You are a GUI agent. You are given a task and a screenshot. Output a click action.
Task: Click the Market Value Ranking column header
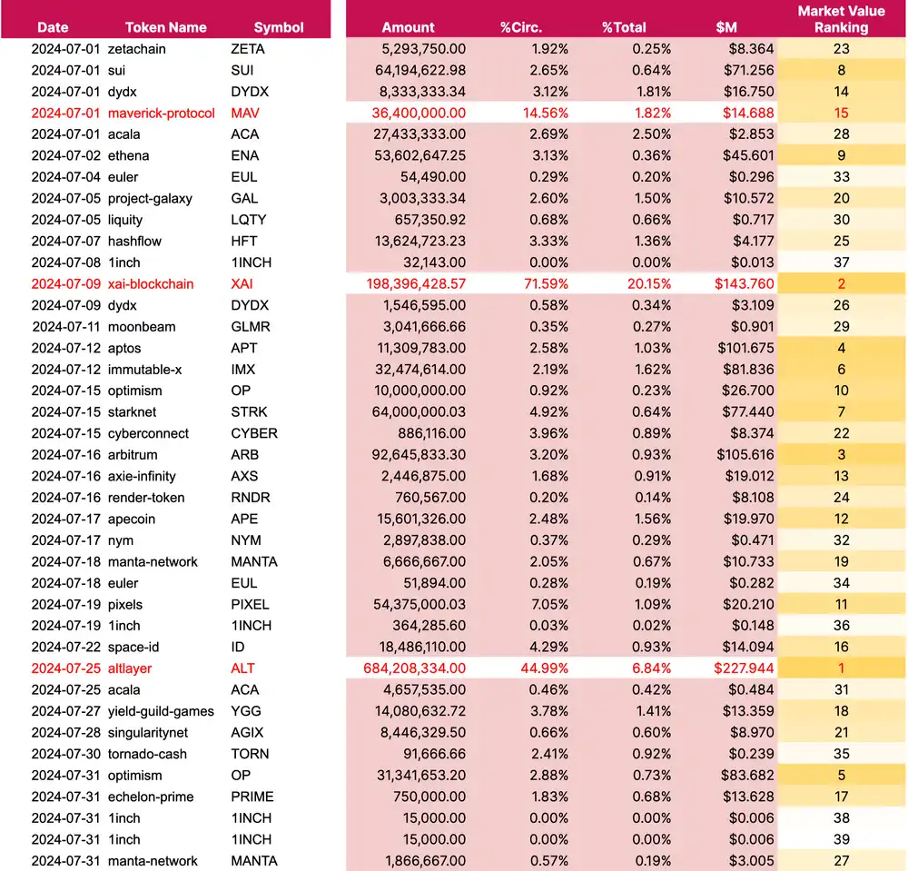(841, 19)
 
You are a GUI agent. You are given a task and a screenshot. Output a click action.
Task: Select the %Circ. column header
(520, 27)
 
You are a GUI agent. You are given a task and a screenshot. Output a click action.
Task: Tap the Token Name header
(166, 27)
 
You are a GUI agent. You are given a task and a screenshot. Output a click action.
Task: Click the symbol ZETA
(248, 49)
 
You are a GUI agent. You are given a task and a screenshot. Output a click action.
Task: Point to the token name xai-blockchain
(151, 283)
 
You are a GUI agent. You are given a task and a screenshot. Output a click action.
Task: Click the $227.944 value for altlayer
(745, 668)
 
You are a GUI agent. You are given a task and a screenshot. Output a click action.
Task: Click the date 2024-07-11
(65, 326)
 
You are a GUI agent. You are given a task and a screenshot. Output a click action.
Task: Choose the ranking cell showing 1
(842, 668)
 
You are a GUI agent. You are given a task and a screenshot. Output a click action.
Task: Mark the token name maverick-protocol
(162, 113)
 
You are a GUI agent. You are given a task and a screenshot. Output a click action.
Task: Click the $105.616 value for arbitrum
(745, 454)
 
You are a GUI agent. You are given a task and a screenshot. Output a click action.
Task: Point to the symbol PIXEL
(250, 604)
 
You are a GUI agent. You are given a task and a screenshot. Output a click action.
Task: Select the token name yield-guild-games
(161, 711)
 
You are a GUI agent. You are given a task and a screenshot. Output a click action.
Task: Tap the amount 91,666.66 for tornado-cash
(434, 754)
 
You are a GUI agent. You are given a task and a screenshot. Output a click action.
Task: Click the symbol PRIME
(252, 797)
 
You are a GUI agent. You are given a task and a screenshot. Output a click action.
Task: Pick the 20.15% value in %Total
(647, 283)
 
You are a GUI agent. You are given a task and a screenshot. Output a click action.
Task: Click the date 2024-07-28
(65, 732)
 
